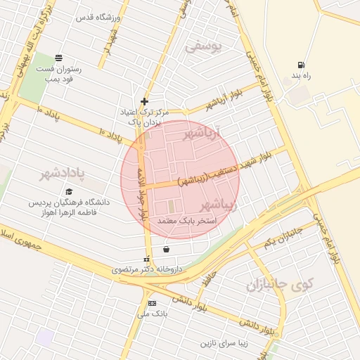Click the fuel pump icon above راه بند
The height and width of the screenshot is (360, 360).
point(302,63)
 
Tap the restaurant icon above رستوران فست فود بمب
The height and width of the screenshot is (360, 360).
point(58,58)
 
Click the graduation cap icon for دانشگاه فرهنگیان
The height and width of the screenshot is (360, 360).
point(69,191)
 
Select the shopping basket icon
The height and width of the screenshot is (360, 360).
point(166,248)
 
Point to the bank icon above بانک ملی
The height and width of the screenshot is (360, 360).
point(152,303)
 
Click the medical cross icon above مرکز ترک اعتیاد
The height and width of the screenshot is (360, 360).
point(145,101)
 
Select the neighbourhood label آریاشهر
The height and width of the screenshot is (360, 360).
point(202,131)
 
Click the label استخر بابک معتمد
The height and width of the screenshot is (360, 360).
point(186,221)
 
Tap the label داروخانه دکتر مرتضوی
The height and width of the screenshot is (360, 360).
point(150,269)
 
